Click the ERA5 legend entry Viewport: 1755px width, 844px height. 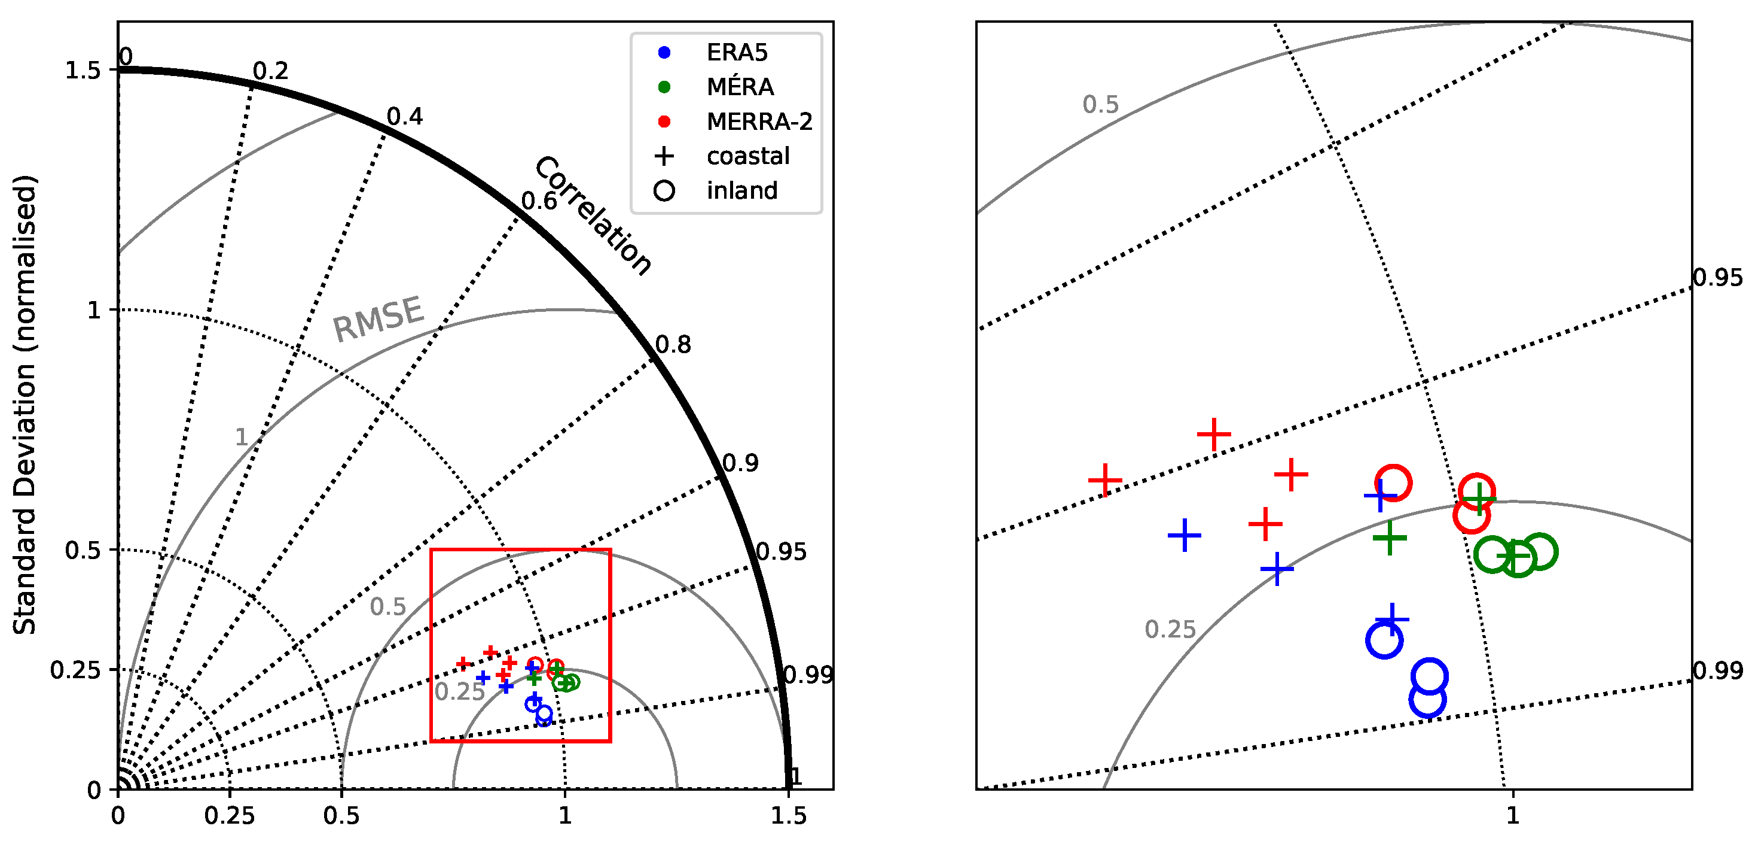tap(736, 53)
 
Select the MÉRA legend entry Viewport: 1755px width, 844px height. tap(739, 87)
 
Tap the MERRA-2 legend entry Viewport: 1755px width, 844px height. tap(758, 122)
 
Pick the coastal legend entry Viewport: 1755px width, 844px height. tap(747, 156)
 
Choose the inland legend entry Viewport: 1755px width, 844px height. tap(741, 190)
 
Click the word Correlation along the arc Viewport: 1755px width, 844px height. tap(593, 215)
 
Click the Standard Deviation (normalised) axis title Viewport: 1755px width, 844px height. tap(25, 405)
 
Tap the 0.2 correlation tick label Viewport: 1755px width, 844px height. tap(270, 71)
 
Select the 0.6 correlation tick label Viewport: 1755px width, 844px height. tap(539, 201)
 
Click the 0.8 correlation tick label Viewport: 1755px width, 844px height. tap(673, 344)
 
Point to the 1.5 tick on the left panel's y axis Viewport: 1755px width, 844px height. tap(82, 70)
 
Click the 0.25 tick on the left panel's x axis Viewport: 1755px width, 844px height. tap(230, 815)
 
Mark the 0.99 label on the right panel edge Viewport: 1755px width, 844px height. tap(1717, 670)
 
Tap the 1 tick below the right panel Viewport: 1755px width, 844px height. tap(1512, 815)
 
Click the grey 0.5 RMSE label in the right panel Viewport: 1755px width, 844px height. tap(1100, 104)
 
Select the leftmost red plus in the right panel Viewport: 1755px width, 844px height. tap(1105, 480)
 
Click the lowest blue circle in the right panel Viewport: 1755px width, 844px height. tap(1427, 699)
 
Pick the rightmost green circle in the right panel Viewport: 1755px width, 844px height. tap(1540, 551)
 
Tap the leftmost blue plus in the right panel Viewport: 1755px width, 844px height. tap(1184, 535)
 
